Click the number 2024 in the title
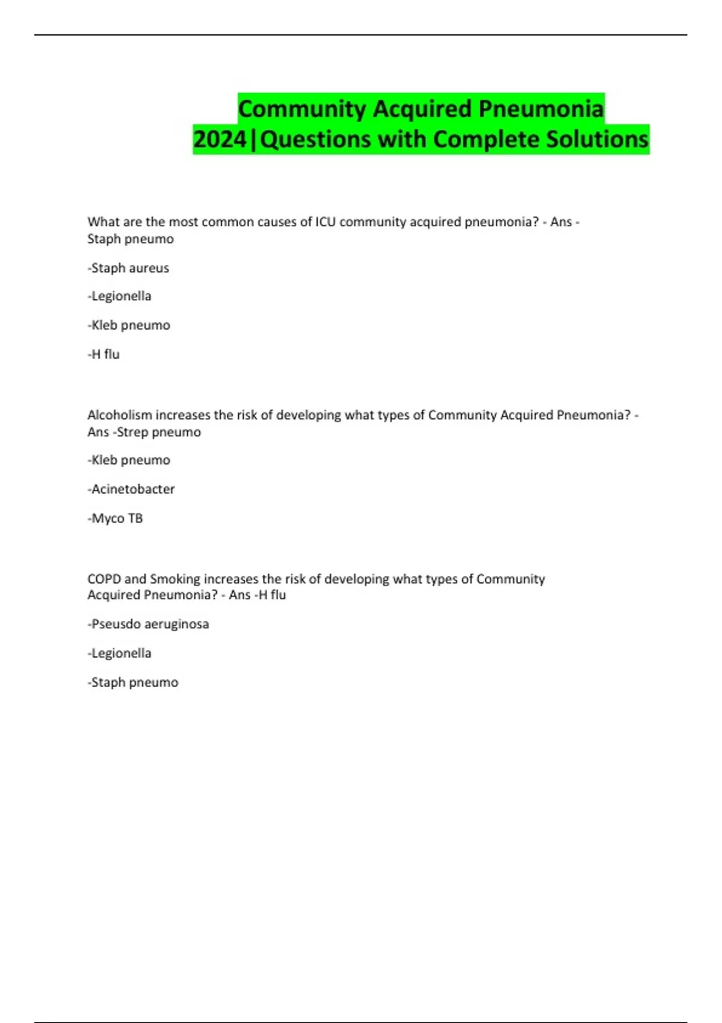tap(220, 139)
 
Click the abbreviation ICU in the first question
tap(326, 222)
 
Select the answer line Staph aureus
tap(128, 268)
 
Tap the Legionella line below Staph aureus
tap(119, 296)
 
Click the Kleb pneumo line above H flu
tap(129, 325)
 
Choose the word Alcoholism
tap(120, 415)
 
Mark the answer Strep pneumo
tap(159, 432)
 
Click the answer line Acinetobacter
tap(131, 489)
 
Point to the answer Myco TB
tap(116, 518)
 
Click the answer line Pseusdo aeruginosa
tap(148, 624)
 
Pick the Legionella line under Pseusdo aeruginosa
tap(119, 653)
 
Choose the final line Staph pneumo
tap(133, 682)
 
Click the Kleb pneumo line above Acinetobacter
tap(129, 460)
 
